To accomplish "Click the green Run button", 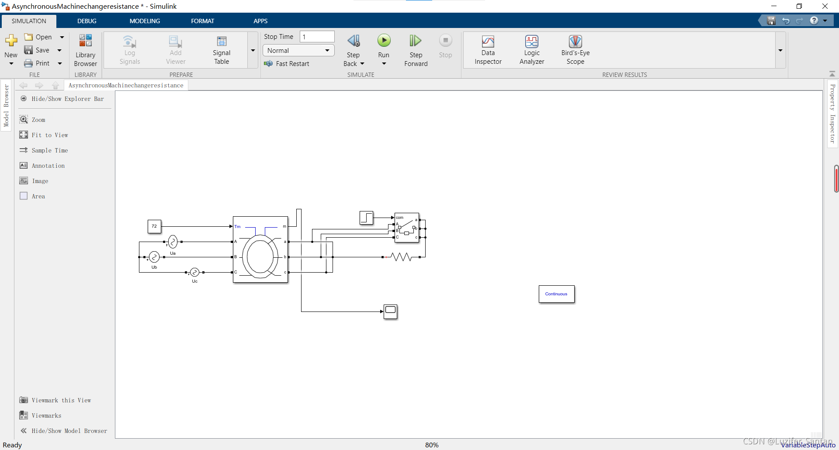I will tap(384, 41).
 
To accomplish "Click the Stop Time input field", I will tap(317, 37).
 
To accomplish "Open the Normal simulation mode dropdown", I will tap(298, 51).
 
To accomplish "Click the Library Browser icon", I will tap(85, 41).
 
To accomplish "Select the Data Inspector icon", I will tap(488, 42).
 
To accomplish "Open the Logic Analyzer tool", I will tap(531, 42).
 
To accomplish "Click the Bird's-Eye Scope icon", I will tap(575, 42).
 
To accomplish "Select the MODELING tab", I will tap(145, 21).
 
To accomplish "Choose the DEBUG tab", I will tap(87, 21).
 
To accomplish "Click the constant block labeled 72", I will tap(154, 226).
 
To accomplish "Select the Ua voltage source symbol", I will tap(173, 242).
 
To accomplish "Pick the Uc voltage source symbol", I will tap(195, 272).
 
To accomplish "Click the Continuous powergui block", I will tap(556, 294).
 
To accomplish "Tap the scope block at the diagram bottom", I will tap(390, 312).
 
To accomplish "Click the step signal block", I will tap(366, 218).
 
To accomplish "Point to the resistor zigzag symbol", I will tap(401, 257).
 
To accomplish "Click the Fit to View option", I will tap(49, 135).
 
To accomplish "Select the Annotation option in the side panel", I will tap(48, 166).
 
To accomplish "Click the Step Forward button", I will tap(416, 41).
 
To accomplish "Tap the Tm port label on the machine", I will tap(237, 226).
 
